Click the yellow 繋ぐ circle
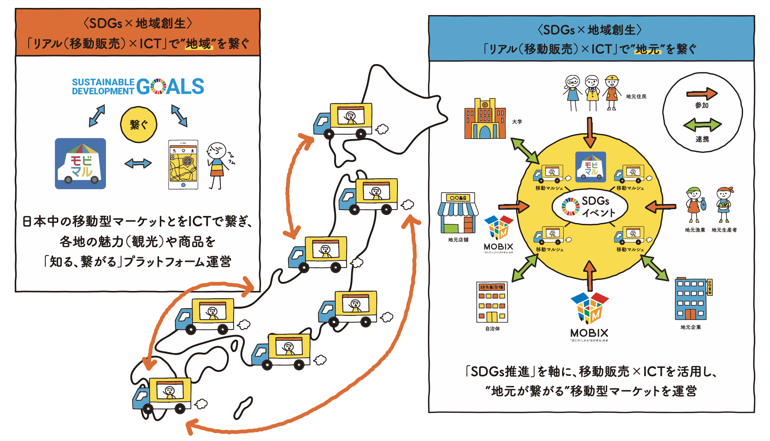(x=139, y=125)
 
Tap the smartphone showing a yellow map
(x=183, y=165)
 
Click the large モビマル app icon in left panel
(x=80, y=164)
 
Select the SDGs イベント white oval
(x=590, y=207)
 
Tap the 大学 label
(x=517, y=122)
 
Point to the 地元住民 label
(x=636, y=96)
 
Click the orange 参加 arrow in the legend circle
(x=701, y=93)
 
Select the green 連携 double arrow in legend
(x=702, y=125)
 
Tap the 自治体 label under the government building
(x=492, y=329)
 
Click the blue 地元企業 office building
(x=691, y=299)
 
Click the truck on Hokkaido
(x=343, y=120)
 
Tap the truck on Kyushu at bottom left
(x=162, y=395)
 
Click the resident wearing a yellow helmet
(x=612, y=92)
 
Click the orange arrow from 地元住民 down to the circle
(x=590, y=132)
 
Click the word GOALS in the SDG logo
(x=170, y=86)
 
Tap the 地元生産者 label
(x=724, y=230)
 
